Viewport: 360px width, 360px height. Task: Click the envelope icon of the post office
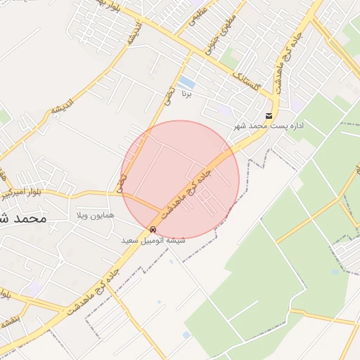(x=269, y=116)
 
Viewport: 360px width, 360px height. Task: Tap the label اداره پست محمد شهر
(x=269, y=127)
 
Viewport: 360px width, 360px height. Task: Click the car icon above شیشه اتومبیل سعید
(x=153, y=230)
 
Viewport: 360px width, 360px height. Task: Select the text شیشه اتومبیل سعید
(x=153, y=240)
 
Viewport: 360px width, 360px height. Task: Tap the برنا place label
(x=187, y=94)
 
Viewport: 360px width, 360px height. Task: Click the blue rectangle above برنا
(x=187, y=82)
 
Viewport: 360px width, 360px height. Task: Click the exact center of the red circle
(x=181, y=179)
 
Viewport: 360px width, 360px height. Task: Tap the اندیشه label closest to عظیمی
(x=133, y=35)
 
